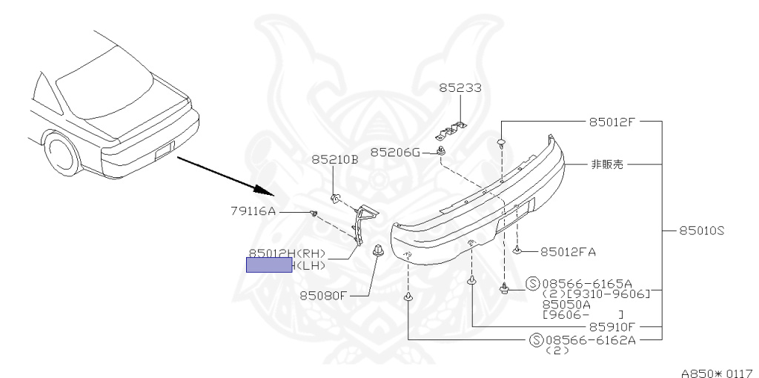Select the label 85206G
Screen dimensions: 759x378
pyautogui.click(x=395, y=152)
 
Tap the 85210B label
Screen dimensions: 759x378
pyautogui.click(x=334, y=159)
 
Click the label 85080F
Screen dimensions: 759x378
pyautogui.click(x=323, y=296)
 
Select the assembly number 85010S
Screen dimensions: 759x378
pyautogui.click(x=700, y=231)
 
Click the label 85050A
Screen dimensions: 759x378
pyautogui.click(x=566, y=304)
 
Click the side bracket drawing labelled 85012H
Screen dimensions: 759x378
pyautogui.click(x=362, y=222)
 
